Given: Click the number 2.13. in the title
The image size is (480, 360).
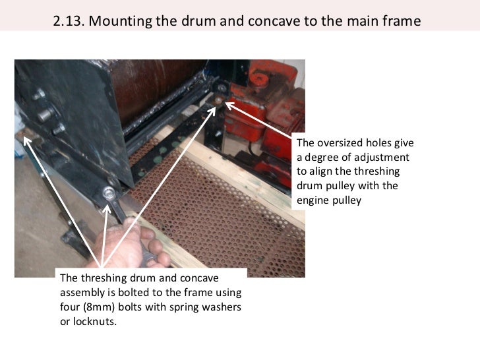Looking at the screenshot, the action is [69, 21].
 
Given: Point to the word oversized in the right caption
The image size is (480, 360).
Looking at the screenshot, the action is [340, 143].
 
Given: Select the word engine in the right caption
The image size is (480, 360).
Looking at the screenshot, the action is [313, 201].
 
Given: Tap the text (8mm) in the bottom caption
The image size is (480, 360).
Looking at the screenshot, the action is [99, 307].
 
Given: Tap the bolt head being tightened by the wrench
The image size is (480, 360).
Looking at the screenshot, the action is [109, 193].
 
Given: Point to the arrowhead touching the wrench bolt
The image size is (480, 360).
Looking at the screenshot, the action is [107, 209].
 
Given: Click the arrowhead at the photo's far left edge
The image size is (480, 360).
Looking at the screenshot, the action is [27, 141].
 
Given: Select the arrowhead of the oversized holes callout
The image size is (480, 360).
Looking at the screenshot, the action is [229, 105].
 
